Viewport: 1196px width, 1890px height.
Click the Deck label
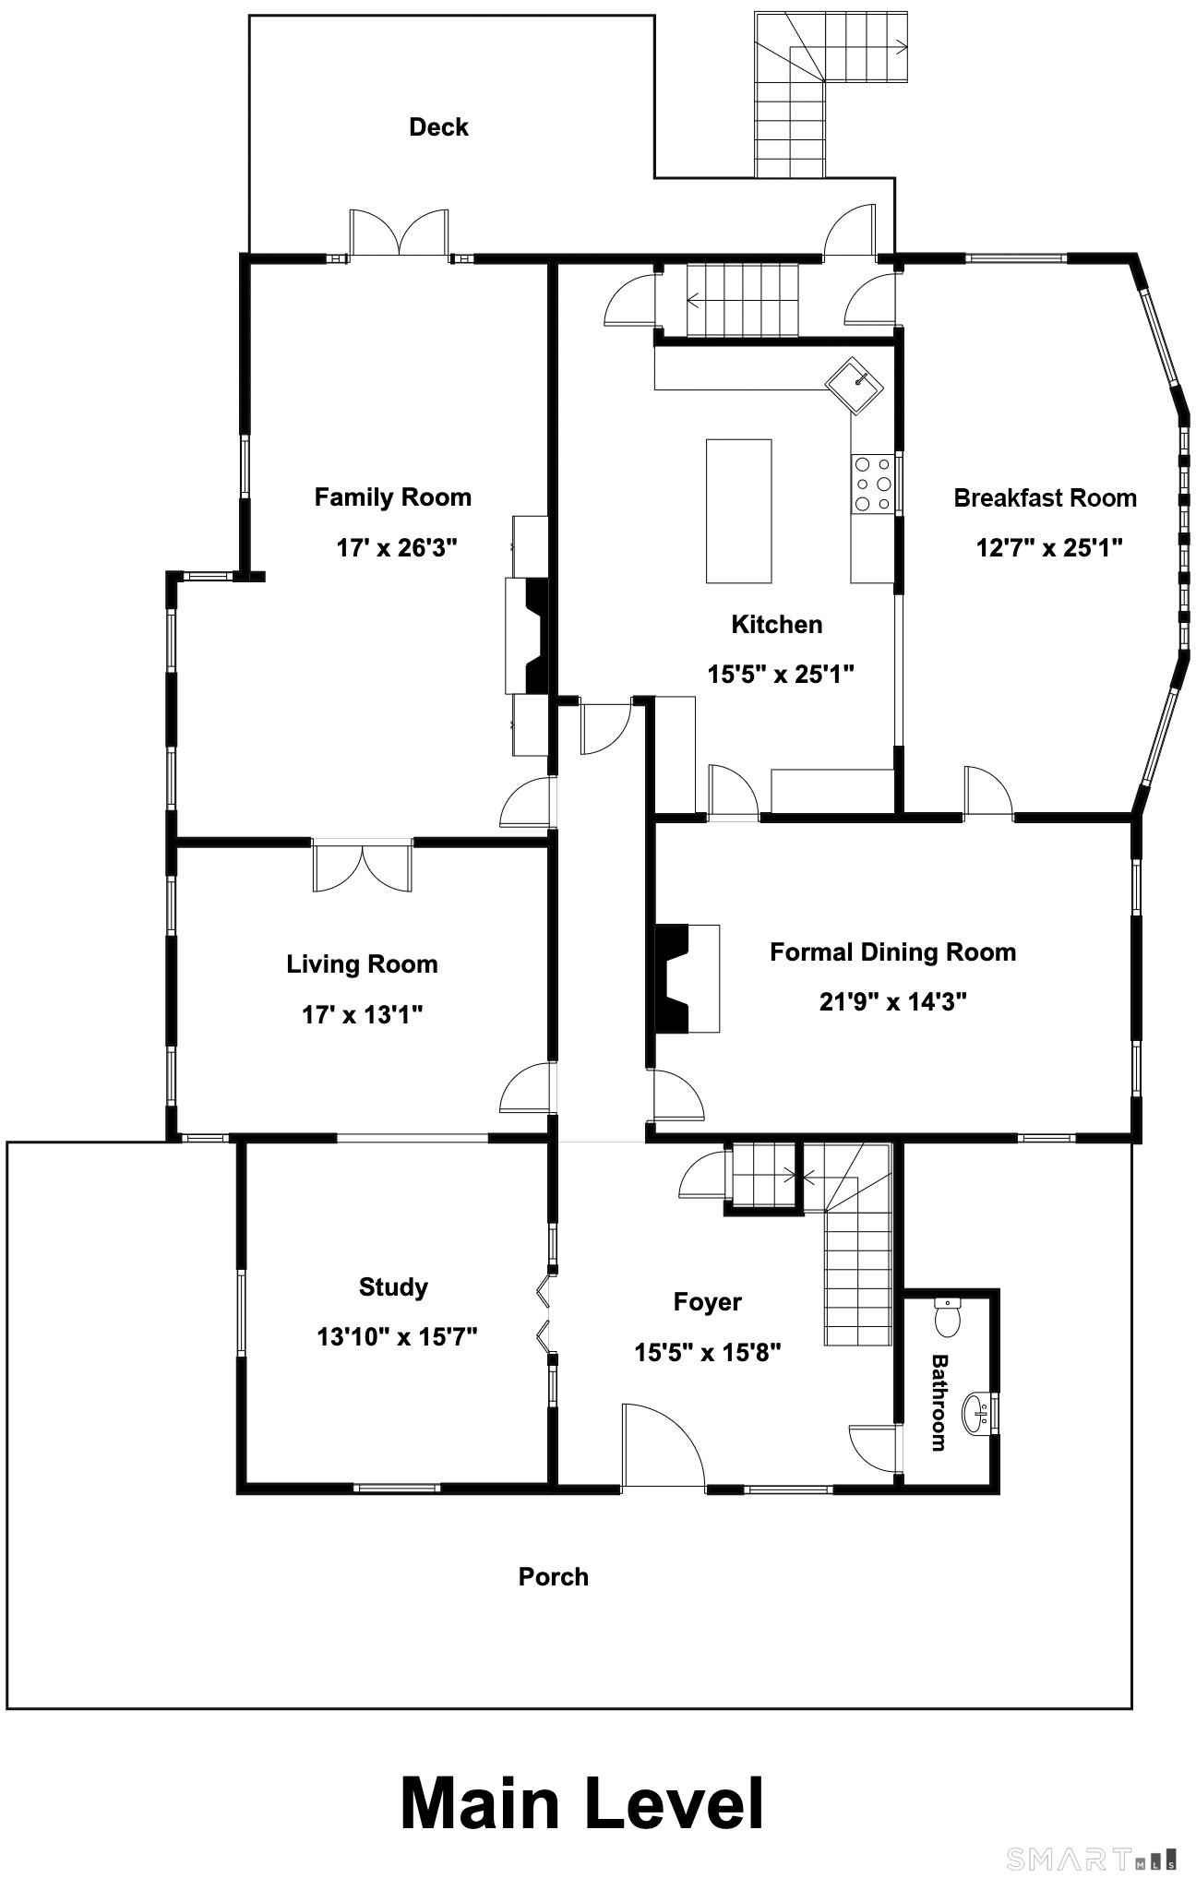(x=438, y=127)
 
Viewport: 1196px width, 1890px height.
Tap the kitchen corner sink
(x=855, y=387)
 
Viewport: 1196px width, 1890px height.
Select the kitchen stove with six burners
(x=872, y=484)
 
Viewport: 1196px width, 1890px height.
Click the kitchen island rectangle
(x=738, y=511)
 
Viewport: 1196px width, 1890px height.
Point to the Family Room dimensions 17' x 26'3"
(x=397, y=548)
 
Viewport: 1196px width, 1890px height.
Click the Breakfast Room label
(x=1045, y=498)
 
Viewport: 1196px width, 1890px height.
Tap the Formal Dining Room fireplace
(x=687, y=978)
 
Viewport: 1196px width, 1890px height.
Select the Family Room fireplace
(x=527, y=636)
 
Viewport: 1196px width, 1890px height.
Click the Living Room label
(x=362, y=965)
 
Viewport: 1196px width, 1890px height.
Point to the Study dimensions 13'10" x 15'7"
(x=397, y=1337)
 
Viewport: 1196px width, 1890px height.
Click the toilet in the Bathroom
(x=948, y=1317)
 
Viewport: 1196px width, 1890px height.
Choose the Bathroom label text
(x=939, y=1403)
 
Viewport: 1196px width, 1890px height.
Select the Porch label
(x=554, y=1576)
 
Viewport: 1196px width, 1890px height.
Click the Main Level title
(x=582, y=1803)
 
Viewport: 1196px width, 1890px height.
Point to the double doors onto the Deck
(x=399, y=232)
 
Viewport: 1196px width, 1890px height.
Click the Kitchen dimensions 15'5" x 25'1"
(x=781, y=675)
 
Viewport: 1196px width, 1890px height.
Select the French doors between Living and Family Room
(x=363, y=866)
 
